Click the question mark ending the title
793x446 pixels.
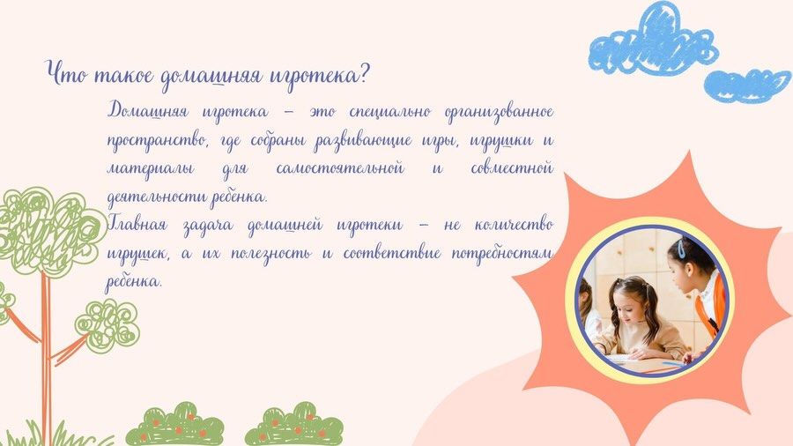pos(363,75)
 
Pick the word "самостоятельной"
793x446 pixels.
pos(340,167)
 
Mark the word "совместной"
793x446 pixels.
pos(512,167)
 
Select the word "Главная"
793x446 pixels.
pos(137,224)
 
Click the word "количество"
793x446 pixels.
pos(514,225)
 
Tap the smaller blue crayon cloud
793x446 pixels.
pos(747,85)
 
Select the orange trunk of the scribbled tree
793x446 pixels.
pos(46,354)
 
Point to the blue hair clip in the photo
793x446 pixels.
pos(682,248)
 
